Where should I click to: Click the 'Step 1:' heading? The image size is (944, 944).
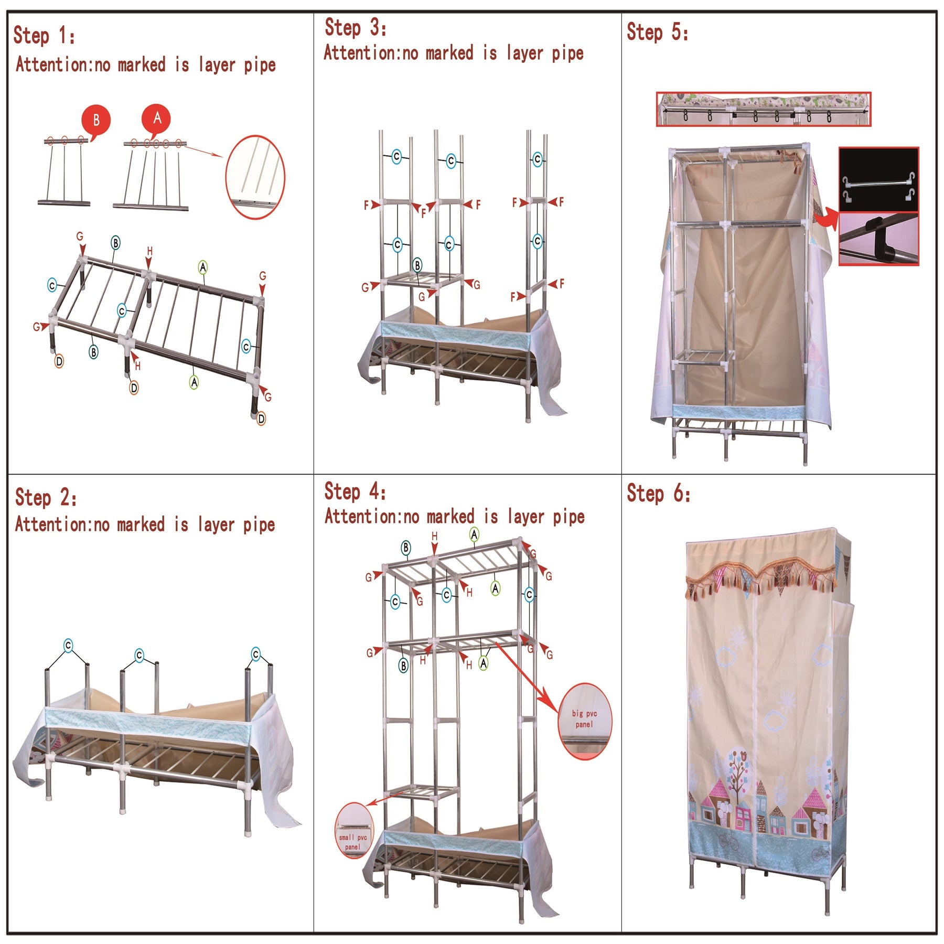pyautogui.click(x=44, y=35)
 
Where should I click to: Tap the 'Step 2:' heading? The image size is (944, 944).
pyautogui.click(x=46, y=497)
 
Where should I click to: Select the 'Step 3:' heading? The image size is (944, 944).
pyautogui.click(x=356, y=27)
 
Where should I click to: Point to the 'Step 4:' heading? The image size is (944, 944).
pyautogui.click(x=355, y=491)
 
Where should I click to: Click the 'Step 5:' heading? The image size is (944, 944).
pyautogui.click(x=657, y=31)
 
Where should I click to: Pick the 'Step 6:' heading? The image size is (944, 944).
pyautogui.click(x=658, y=494)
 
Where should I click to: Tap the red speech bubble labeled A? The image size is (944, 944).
pyautogui.click(x=156, y=119)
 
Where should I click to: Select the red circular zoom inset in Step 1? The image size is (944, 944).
pyautogui.click(x=255, y=177)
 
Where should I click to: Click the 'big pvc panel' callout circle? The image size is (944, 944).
pyautogui.click(x=584, y=721)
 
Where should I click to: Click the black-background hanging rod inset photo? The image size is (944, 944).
pyautogui.click(x=878, y=179)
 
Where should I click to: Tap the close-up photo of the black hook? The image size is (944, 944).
pyautogui.click(x=878, y=239)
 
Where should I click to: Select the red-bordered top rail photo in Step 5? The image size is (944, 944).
pyautogui.click(x=763, y=109)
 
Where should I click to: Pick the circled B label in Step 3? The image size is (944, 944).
pyautogui.click(x=417, y=265)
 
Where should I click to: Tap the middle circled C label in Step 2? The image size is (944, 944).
pyautogui.click(x=139, y=655)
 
